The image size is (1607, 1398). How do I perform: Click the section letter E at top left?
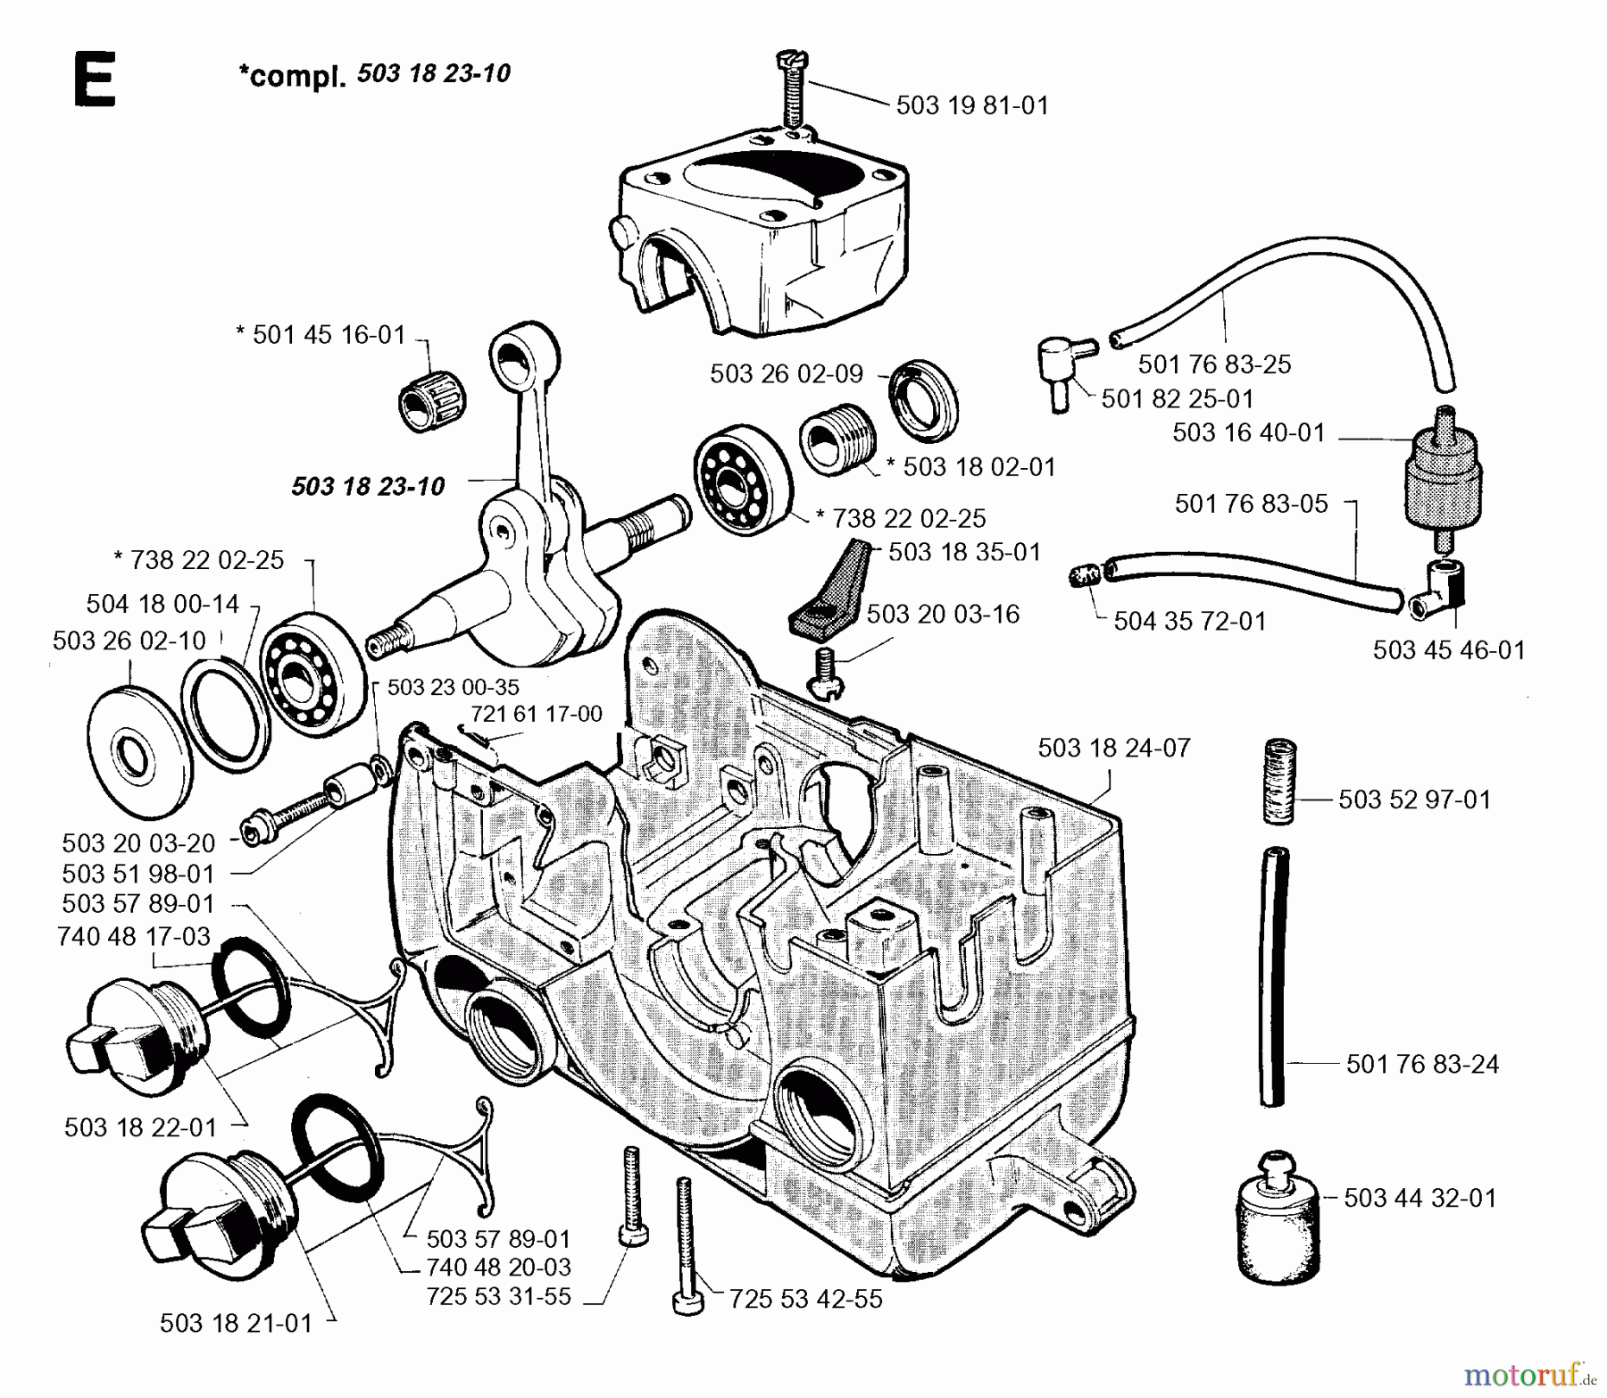click(x=94, y=80)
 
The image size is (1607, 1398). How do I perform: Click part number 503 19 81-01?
click(x=972, y=105)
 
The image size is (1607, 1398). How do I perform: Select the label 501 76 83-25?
click(x=1214, y=364)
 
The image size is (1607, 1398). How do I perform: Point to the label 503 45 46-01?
click(x=1449, y=650)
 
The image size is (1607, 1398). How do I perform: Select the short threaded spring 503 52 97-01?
click(x=1279, y=781)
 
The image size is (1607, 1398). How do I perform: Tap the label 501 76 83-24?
click(x=1422, y=1064)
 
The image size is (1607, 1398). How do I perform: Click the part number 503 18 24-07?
click(x=1114, y=748)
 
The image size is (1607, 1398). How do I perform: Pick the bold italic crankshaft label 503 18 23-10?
click(x=368, y=487)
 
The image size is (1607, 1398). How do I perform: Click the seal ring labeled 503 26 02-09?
click(x=925, y=399)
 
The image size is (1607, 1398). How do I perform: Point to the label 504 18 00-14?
click(x=162, y=605)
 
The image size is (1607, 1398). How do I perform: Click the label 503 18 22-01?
click(x=140, y=1127)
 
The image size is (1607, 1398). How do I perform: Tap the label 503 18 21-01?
click(x=236, y=1323)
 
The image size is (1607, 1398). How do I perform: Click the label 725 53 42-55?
click(x=805, y=1299)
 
